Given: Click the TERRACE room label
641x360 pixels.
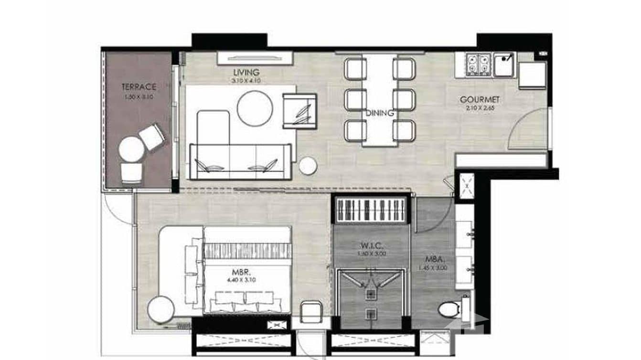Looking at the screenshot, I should click(139, 87).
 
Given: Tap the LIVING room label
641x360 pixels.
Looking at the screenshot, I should click(246, 73).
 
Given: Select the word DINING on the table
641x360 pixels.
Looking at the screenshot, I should click(380, 114).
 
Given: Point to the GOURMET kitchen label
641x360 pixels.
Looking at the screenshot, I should click(480, 100).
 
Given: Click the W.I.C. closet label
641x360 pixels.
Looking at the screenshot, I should click(371, 246).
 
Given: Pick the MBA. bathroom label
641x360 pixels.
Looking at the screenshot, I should click(435, 260).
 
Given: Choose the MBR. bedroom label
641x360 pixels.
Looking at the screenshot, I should click(242, 274).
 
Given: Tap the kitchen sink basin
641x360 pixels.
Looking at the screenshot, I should click(503, 65).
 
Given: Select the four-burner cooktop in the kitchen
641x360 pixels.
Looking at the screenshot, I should click(479, 65).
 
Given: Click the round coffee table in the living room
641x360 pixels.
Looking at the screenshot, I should click(255, 108).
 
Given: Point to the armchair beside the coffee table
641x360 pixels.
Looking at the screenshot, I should click(299, 111).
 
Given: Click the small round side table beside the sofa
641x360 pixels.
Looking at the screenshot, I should click(308, 166).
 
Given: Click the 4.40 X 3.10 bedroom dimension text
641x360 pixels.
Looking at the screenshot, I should click(242, 280).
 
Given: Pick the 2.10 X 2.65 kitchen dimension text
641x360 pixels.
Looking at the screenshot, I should click(480, 107).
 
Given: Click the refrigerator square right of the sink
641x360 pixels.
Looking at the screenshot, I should click(532, 75).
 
